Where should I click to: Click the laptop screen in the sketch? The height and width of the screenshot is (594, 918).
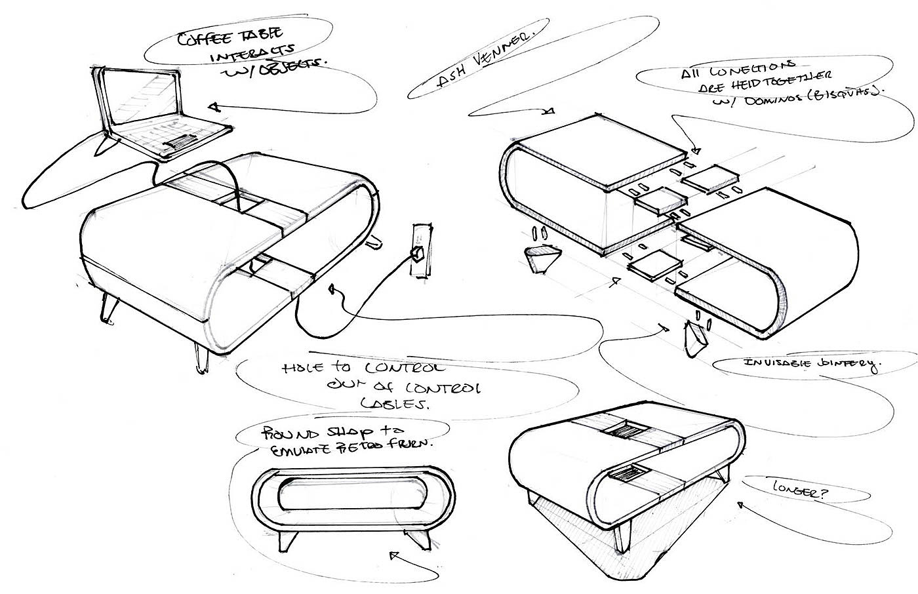point(142,99)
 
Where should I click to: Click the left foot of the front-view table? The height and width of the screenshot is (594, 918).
point(287,540)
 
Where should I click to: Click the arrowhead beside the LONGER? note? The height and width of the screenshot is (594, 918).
point(742,504)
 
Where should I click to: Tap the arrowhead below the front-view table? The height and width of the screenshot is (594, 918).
point(393,556)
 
